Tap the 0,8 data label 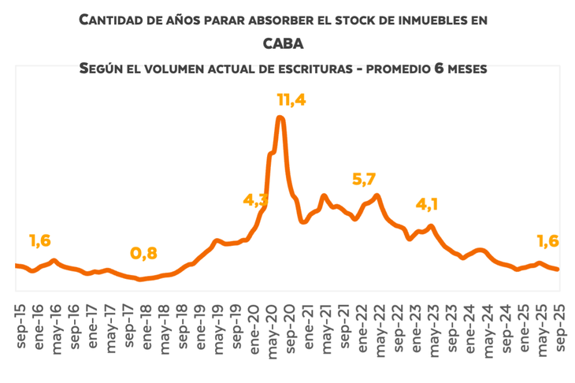(x=143, y=253)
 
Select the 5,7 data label (x=363, y=179)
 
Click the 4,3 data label (x=256, y=200)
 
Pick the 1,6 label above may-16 (x=41, y=240)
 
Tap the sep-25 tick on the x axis (x=560, y=325)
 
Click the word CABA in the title (x=284, y=44)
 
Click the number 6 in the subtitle (x=440, y=69)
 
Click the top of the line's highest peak (x=280, y=117)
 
